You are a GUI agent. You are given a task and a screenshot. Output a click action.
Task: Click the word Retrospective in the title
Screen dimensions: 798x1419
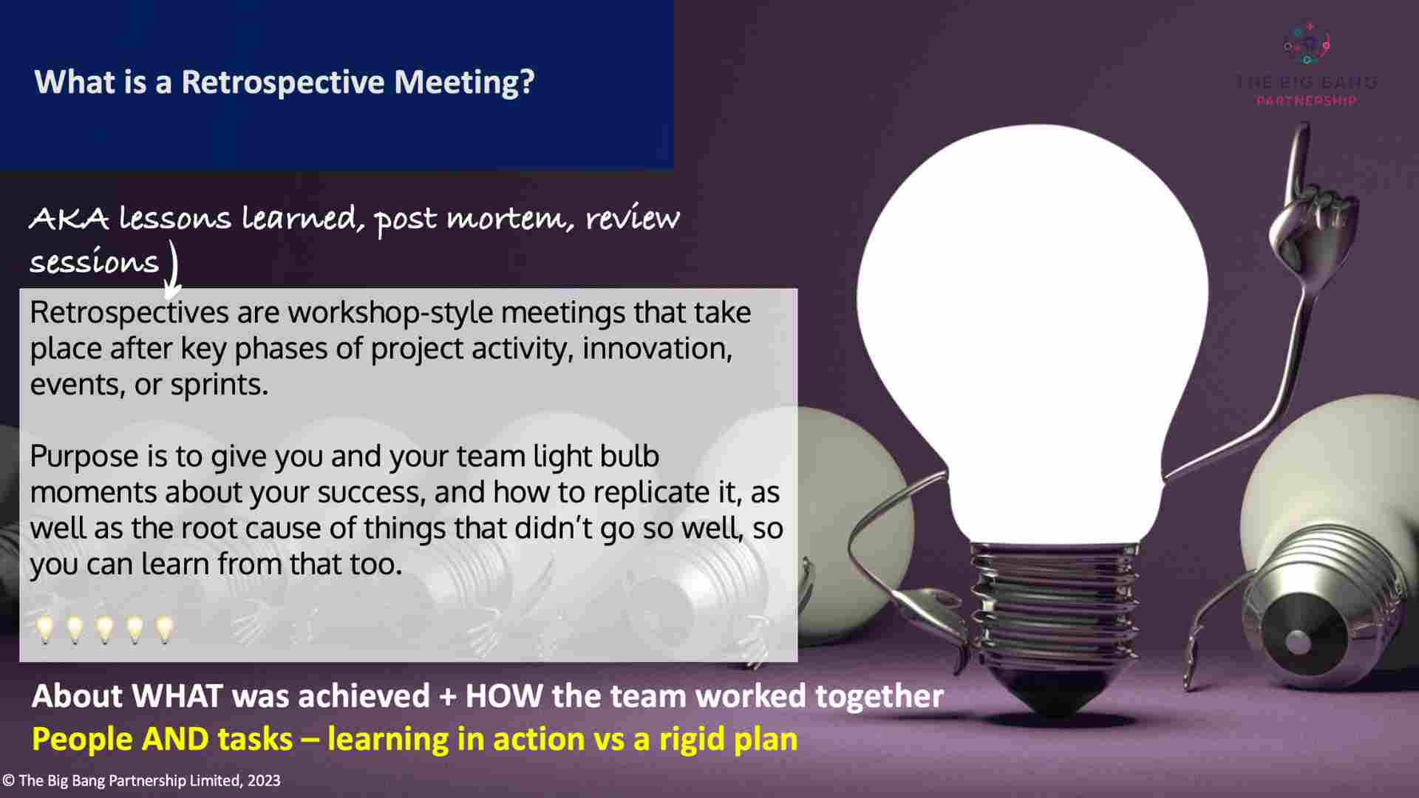(283, 81)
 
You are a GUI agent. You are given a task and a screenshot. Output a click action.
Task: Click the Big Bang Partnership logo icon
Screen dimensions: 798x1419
(1306, 44)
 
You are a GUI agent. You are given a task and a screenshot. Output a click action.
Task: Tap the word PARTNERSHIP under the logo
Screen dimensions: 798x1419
(1306, 101)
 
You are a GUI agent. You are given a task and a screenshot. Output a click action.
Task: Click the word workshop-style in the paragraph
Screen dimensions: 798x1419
(391, 313)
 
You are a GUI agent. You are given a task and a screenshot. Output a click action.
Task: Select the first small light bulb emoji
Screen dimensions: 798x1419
(45, 630)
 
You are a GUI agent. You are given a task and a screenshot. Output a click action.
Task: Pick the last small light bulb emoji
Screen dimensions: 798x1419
(164, 630)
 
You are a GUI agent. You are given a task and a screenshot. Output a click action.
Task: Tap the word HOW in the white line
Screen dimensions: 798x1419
(503, 697)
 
